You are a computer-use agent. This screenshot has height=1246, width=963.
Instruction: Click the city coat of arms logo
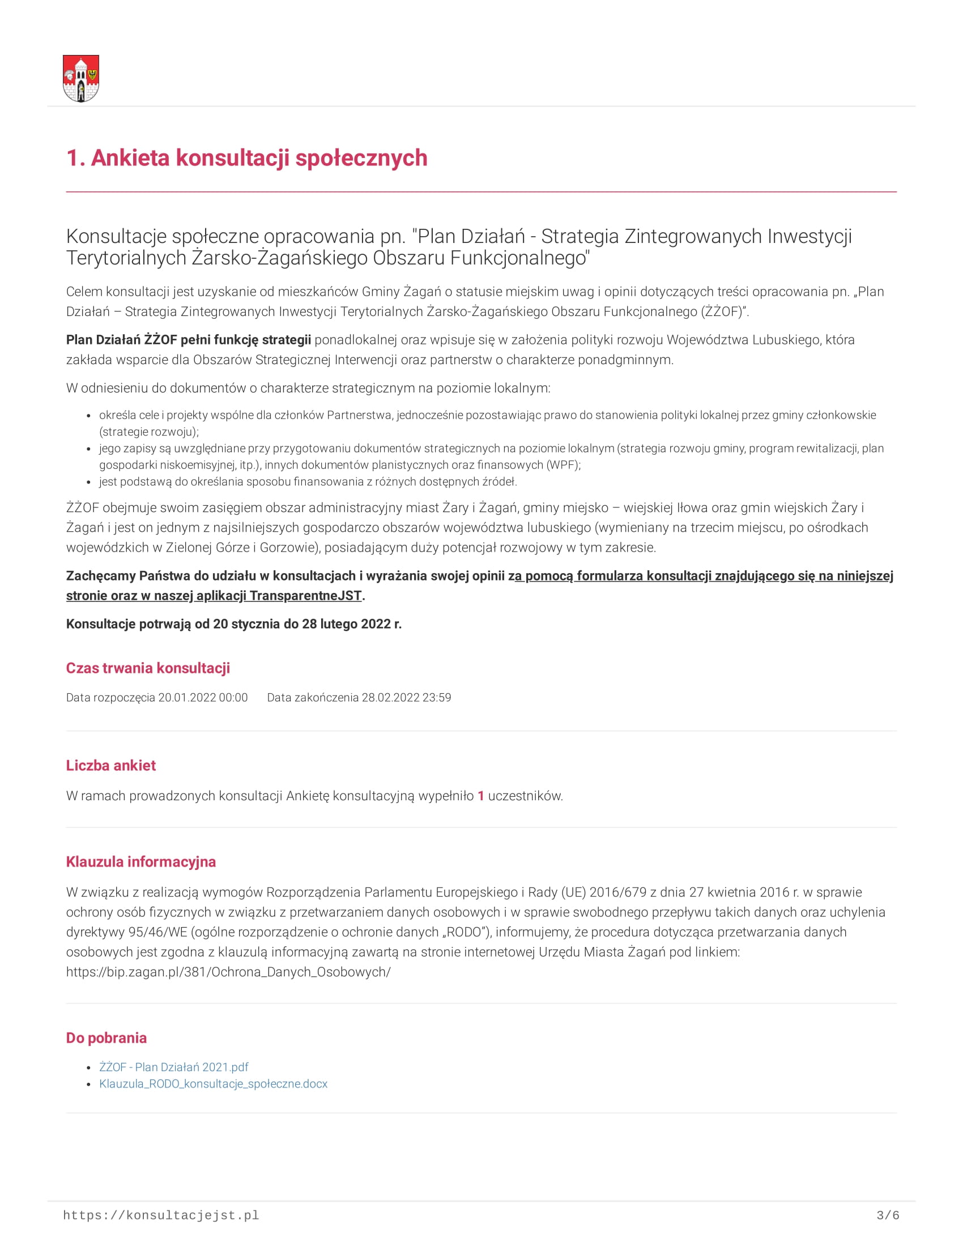click(x=80, y=78)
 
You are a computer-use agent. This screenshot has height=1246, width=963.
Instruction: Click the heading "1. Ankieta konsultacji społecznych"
click(x=246, y=158)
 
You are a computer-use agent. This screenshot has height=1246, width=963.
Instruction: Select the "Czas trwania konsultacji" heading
click(x=148, y=668)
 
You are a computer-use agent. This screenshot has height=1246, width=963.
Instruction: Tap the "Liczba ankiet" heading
click(x=110, y=766)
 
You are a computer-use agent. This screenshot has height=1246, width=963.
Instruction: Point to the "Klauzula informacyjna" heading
click(x=141, y=861)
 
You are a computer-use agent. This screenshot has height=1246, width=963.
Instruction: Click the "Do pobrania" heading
click(x=106, y=1038)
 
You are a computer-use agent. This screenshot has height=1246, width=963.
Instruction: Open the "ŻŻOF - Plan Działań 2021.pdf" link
click(x=173, y=1067)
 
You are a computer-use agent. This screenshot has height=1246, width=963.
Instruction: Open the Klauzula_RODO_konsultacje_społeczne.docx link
click(x=214, y=1084)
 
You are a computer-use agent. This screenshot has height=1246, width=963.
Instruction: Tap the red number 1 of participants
click(x=481, y=796)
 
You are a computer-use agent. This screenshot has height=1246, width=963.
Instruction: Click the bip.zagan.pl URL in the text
click(x=228, y=972)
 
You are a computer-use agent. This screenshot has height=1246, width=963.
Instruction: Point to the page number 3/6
click(x=888, y=1216)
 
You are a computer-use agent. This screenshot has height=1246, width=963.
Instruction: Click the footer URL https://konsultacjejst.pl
click(x=161, y=1216)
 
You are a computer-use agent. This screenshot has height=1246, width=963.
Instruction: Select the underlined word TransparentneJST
click(x=305, y=596)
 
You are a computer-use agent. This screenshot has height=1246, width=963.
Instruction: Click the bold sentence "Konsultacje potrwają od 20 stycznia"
click(x=234, y=624)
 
